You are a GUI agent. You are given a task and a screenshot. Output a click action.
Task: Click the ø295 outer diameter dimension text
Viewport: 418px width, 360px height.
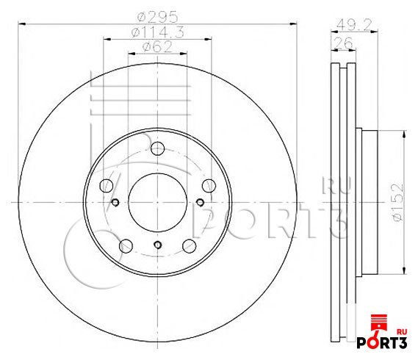157,18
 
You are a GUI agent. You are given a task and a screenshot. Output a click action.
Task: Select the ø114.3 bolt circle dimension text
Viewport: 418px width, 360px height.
158,32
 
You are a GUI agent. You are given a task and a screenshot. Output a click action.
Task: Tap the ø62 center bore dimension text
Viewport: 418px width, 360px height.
157,47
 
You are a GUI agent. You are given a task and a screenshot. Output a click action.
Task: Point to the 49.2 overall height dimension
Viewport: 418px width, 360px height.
354,25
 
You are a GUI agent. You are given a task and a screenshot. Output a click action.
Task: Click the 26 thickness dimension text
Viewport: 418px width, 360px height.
343,43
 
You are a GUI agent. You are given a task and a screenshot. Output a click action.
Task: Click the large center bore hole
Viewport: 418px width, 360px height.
157,202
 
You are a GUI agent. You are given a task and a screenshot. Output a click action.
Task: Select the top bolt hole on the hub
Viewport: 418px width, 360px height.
157,148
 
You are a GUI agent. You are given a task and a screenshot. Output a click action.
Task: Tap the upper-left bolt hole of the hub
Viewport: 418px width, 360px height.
107,185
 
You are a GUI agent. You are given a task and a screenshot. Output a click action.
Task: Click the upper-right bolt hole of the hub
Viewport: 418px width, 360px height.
209,185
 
